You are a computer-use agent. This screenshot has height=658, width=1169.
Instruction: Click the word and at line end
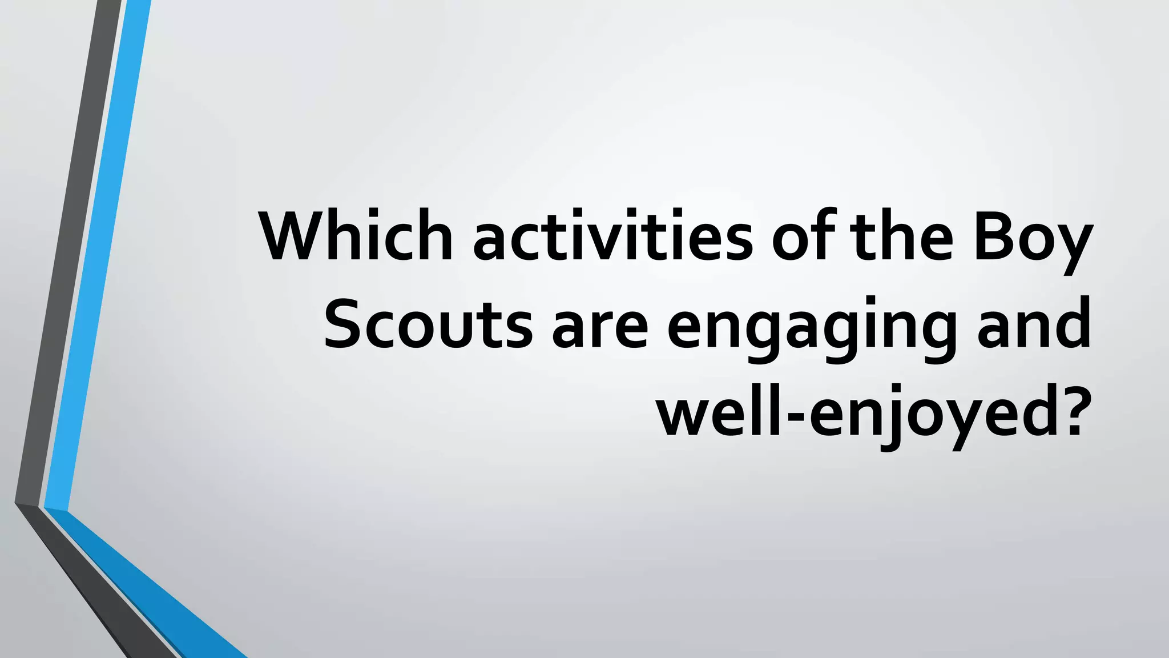click(1034, 323)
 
